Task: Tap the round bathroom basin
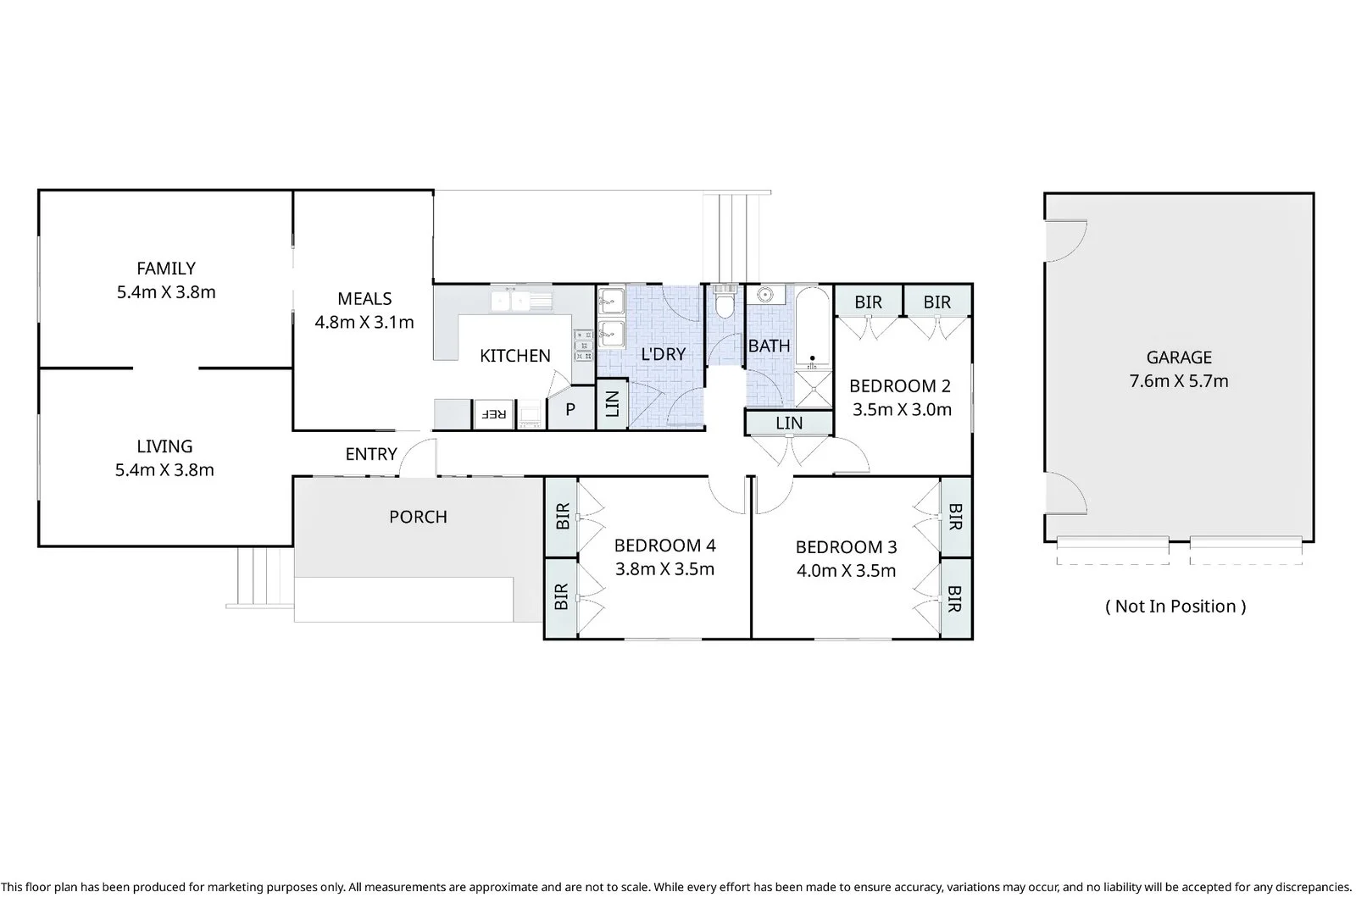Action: click(x=766, y=295)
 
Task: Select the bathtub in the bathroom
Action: click(x=813, y=328)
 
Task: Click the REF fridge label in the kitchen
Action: click(x=493, y=414)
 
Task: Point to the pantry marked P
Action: click(x=570, y=409)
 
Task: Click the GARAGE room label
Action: click(x=1179, y=357)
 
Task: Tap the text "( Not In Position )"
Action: click(x=1175, y=606)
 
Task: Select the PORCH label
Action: click(x=418, y=516)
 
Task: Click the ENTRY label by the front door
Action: click(x=371, y=453)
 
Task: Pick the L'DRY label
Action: click(x=664, y=354)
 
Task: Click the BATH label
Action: click(x=770, y=346)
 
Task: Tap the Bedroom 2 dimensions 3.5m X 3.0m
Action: click(x=902, y=410)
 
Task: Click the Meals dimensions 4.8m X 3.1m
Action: click(x=364, y=322)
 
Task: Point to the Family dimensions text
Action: click(x=166, y=291)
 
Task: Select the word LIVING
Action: click(x=164, y=446)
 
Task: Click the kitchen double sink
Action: click(x=521, y=301)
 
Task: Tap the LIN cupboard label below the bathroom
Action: click(x=789, y=423)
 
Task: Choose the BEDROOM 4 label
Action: click(x=664, y=546)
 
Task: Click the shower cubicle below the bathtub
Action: click(x=813, y=389)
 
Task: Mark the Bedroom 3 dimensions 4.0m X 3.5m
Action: click(x=846, y=571)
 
